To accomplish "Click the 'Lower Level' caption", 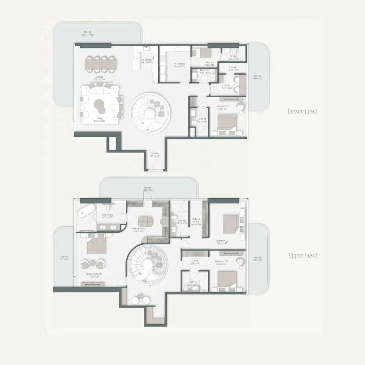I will (x=302, y=112).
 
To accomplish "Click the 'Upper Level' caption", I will (x=302, y=256).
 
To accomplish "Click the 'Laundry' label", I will (x=233, y=68).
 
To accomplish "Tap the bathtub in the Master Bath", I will (x=86, y=211).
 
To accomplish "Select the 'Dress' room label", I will (x=195, y=262).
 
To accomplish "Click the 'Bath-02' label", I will (x=182, y=221).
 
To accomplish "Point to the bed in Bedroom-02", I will (x=232, y=223).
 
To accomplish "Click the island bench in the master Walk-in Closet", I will (x=145, y=221).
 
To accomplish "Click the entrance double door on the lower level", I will (x=155, y=166).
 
